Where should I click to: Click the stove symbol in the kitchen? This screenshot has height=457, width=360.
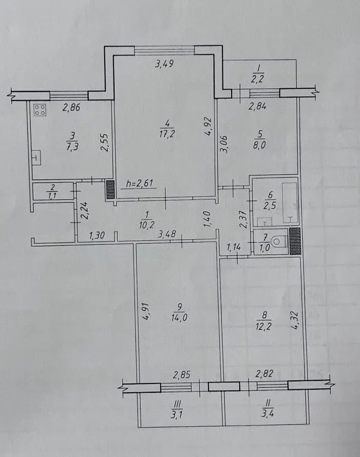[40, 110]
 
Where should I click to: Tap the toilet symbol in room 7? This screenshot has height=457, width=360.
[279, 241]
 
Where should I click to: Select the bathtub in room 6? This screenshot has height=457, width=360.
[290, 203]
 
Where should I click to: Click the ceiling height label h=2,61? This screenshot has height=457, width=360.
[140, 184]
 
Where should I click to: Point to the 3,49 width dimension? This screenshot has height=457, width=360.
[164, 64]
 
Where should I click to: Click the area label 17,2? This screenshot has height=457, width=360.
[167, 134]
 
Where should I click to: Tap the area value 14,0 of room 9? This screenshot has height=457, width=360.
[179, 317]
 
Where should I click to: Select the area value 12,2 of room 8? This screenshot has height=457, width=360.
[263, 326]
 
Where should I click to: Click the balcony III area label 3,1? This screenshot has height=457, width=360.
[177, 414]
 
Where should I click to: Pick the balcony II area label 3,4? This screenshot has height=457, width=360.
[267, 413]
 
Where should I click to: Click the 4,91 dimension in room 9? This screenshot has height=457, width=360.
[146, 312]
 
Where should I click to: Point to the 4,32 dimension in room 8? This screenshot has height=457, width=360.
[294, 320]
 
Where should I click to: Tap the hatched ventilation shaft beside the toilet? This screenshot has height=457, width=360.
[294, 241]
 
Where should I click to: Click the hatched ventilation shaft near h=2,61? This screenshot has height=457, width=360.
[110, 190]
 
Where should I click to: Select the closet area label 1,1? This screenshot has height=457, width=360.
[52, 195]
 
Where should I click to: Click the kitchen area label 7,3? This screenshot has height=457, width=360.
[72, 146]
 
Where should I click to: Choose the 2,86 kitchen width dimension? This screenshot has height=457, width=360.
[71, 107]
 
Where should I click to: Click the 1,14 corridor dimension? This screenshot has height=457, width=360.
[234, 247]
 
